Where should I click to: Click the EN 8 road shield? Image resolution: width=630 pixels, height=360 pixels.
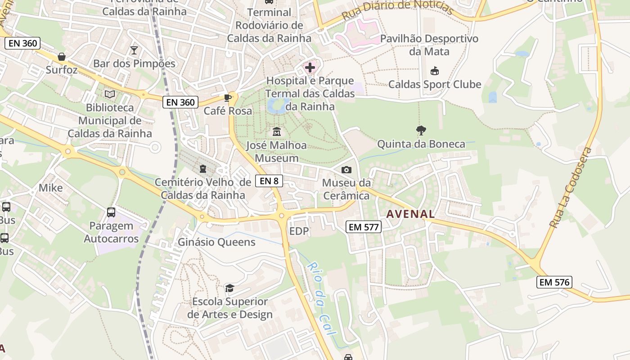click(x=269, y=181)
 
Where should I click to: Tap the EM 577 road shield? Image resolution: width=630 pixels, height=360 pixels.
click(x=364, y=227)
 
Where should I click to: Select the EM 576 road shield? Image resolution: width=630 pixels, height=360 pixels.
click(x=554, y=282)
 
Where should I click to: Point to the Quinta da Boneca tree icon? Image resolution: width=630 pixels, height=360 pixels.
click(x=421, y=131)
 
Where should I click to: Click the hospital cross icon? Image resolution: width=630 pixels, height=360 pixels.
click(x=310, y=68)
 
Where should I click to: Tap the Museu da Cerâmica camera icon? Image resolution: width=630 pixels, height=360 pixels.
click(x=346, y=170)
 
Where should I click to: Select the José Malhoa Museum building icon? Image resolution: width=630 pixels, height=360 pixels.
click(x=276, y=132)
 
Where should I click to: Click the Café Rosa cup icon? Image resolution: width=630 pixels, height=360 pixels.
click(x=228, y=98)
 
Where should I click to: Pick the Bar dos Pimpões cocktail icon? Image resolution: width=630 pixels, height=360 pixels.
click(x=134, y=50)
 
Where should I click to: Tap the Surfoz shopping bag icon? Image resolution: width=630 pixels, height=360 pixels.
click(x=62, y=57)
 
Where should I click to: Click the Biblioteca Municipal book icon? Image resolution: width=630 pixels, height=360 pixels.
click(x=110, y=94)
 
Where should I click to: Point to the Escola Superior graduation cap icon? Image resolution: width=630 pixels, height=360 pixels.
click(x=230, y=288)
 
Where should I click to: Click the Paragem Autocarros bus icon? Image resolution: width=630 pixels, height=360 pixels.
click(x=111, y=212)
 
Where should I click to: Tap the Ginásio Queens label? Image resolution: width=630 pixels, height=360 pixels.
click(x=216, y=242)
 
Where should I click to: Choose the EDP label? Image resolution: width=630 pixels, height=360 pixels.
click(x=299, y=231)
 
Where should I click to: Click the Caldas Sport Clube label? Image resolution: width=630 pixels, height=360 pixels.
click(x=435, y=84)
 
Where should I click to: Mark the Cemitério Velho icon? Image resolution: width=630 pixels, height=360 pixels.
click(x=203, y=169)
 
